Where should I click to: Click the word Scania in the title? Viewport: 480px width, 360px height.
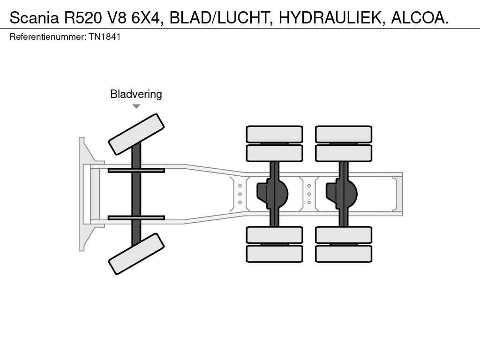pyautogui.click(x=34, y=18)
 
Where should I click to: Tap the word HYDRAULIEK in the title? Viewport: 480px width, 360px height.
pyautogui.click(x=330, y=18)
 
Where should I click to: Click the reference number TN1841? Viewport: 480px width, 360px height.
pyautogui.click(x=105, y=37)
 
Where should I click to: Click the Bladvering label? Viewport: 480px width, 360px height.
pyautogui.click(x=136, y=94)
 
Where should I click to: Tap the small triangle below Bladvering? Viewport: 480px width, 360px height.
pyautogui.click(x=136, y=106)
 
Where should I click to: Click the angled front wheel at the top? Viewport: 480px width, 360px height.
pyautogui.click(x=136, y=134)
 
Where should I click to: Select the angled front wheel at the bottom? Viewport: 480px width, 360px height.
pyautogui.click(x=136, y=254)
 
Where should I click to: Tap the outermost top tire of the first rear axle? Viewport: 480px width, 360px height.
pyautogui.click(x=274, y=134)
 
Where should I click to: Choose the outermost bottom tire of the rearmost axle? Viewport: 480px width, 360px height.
pyautogui.click(x=344, y=254)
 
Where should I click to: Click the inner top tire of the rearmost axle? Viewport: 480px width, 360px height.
pyautogui.click(x=344, y=153)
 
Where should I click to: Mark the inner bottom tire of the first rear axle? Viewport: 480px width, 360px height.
pyautogui.click(x=274, y=234)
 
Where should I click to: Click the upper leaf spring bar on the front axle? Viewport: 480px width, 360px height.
pyautogui.click(x=136, y=170)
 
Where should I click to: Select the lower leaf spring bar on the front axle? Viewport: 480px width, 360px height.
pyautogui.click(x=136, y=217)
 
